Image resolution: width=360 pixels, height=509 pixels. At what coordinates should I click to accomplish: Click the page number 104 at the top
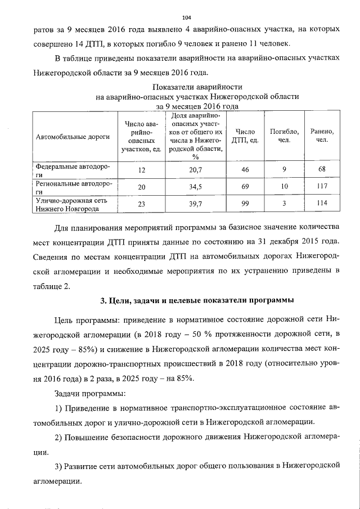click(x=179, y=19)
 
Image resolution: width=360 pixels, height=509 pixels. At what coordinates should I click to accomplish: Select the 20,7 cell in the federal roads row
click(x=195, y=169)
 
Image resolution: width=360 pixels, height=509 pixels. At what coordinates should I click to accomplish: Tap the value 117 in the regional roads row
click(x=322, y=186)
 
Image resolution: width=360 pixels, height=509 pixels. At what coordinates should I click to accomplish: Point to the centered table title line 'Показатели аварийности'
click(x=197, y=87)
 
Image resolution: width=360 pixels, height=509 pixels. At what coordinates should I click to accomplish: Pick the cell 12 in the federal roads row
click(x=141, y=169)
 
